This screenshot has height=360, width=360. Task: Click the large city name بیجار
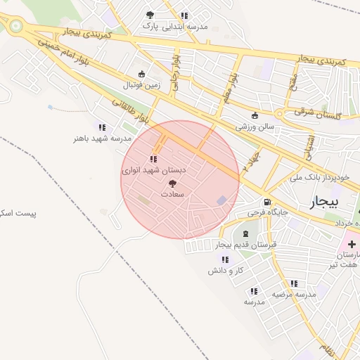324,202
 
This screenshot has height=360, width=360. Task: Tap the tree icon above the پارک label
149,15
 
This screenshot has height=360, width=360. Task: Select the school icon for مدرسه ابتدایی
184,15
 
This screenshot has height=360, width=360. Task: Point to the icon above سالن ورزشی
254,117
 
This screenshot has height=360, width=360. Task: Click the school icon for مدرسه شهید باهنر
102,128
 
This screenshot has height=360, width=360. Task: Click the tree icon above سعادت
173,182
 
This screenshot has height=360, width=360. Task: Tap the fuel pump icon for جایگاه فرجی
266,202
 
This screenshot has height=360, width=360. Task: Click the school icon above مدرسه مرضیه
294,284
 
